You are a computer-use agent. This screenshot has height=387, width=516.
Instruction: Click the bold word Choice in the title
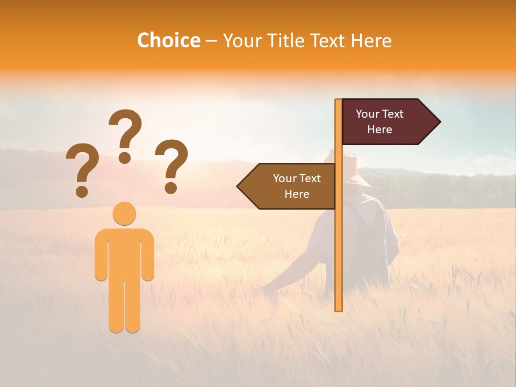tap(168, 40)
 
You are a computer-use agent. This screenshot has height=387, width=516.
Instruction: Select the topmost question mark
tap(125, 134)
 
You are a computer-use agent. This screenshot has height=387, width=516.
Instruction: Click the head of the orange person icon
tap(124, 213)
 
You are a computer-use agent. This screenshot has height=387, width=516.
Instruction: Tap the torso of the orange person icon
tap(124, 253)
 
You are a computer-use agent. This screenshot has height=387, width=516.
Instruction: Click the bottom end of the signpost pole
tap(339, 309)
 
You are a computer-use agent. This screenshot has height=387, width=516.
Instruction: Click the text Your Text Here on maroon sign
tap(379, 122)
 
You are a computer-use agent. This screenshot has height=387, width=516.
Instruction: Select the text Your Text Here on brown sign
tap(297, 186)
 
